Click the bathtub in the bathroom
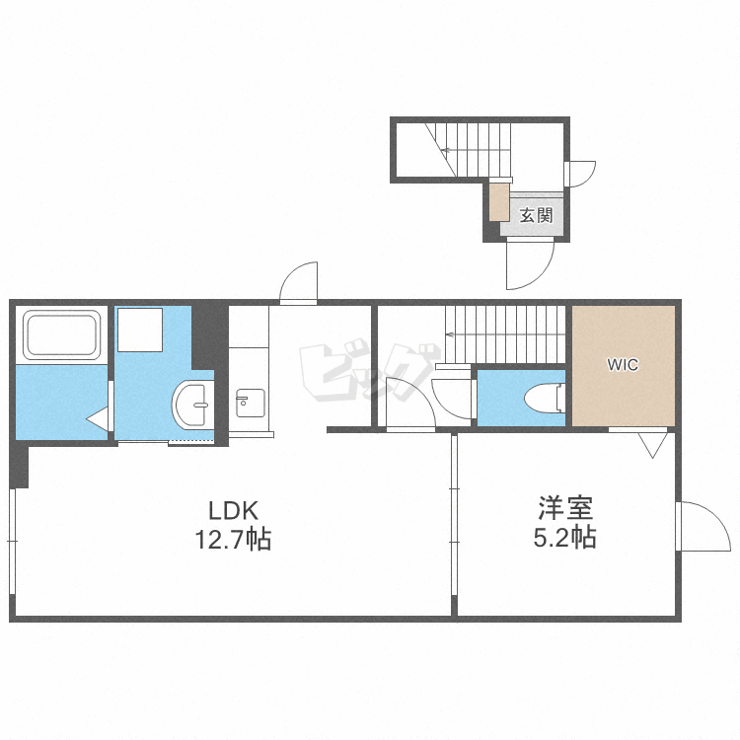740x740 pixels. [x=62, y=335]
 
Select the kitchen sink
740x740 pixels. [x=250, y=402]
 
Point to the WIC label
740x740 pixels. [x=623, y=365]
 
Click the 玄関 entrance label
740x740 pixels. [x=535, y=215]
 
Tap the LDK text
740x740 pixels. [x=233, y=510]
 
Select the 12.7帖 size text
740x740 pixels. [x=233, y=540]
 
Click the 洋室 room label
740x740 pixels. [x=564, y=510]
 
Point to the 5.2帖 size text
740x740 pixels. [x=564, y=539]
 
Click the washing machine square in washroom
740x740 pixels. [x=139, y=330]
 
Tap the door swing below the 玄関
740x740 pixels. [x=529, y=263]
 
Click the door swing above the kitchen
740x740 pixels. [x=299, y=282]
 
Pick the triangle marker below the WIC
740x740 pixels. [x=650, y=446]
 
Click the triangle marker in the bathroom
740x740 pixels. [x=98, y=419]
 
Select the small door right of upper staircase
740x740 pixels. [x=581, y=173]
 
